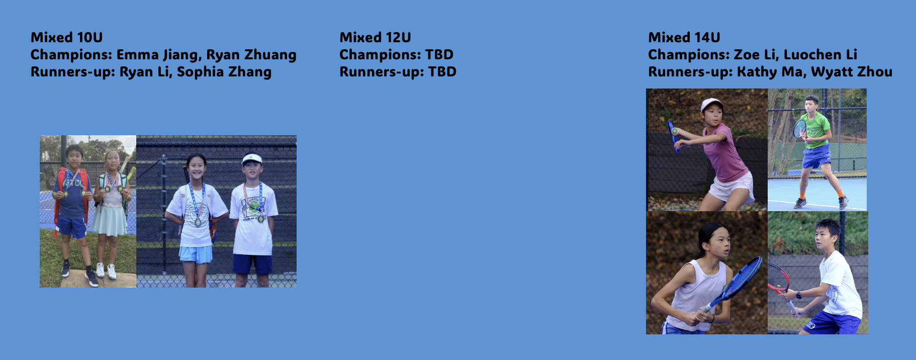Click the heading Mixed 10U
[66, 37]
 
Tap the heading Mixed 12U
[375, 37]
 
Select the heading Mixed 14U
[684, 37]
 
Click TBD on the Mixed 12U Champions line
[439, 54]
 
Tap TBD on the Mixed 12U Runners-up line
[442, 71]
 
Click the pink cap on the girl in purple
[711, 104]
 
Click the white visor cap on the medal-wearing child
[252, 159]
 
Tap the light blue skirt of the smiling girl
[196, 254]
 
